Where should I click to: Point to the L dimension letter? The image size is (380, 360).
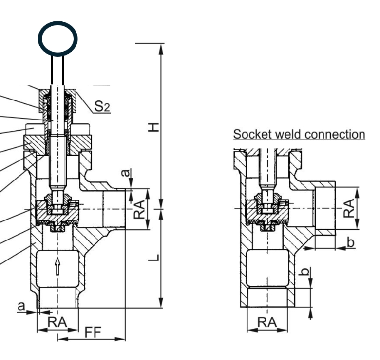(x=154, y=257)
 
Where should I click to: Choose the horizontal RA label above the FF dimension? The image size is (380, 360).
(x=56, y=322)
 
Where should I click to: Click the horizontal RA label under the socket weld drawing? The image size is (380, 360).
(x=266, y=322)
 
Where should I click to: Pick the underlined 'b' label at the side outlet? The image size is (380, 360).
(x=350, y=241)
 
